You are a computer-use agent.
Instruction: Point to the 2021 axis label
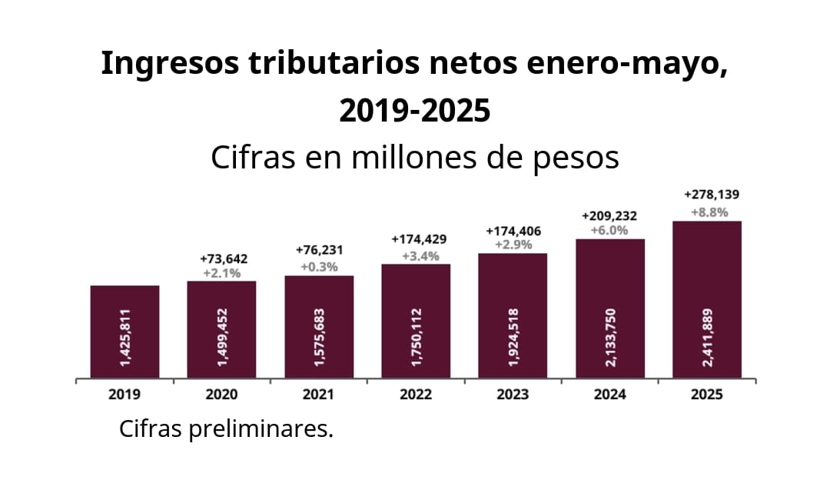[x=318, y=395]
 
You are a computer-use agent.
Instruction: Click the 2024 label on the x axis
[x=609, y=395]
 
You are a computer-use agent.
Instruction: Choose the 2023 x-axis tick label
[x=513, y=395]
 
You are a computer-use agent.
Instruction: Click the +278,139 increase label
[x=706, y=195]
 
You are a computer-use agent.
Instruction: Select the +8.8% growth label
[x=706, y=212]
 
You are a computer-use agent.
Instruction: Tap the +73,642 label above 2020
[x=223, y=258]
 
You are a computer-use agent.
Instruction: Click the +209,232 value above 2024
[x=609, y=215]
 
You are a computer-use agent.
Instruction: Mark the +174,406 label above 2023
[x=513, y=231]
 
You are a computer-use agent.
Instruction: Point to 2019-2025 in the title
[x=414, y=112]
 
